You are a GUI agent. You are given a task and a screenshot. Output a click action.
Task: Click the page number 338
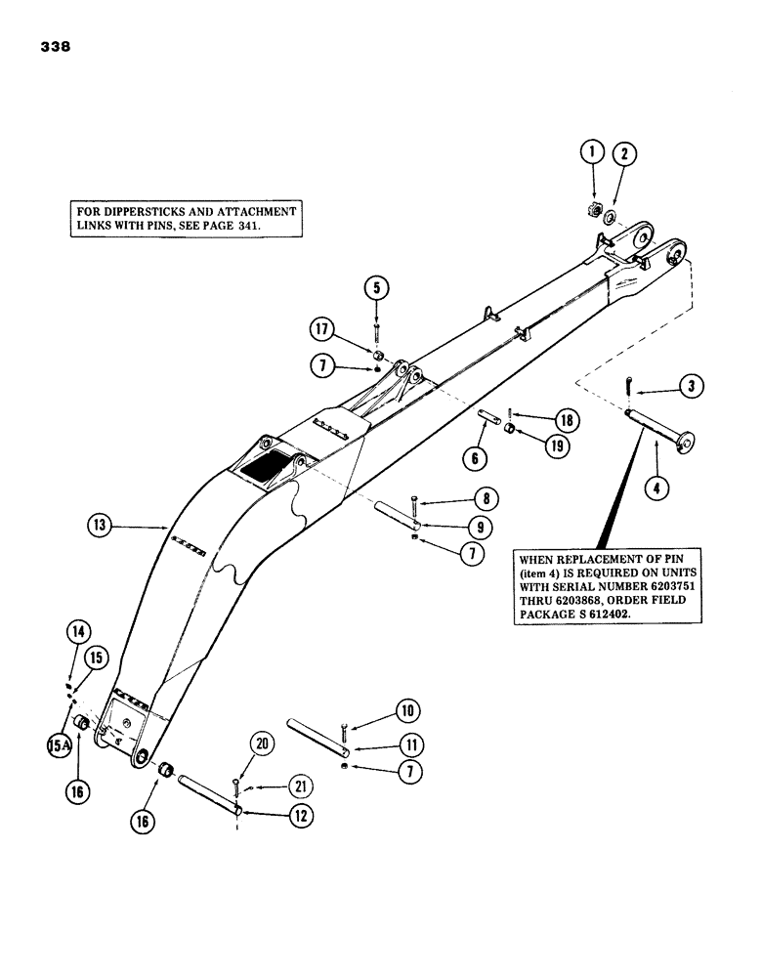pos(56,46)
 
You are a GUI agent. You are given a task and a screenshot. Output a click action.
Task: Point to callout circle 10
pos(405,709)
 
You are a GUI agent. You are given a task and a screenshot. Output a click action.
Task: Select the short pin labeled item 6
pos(489,420)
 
